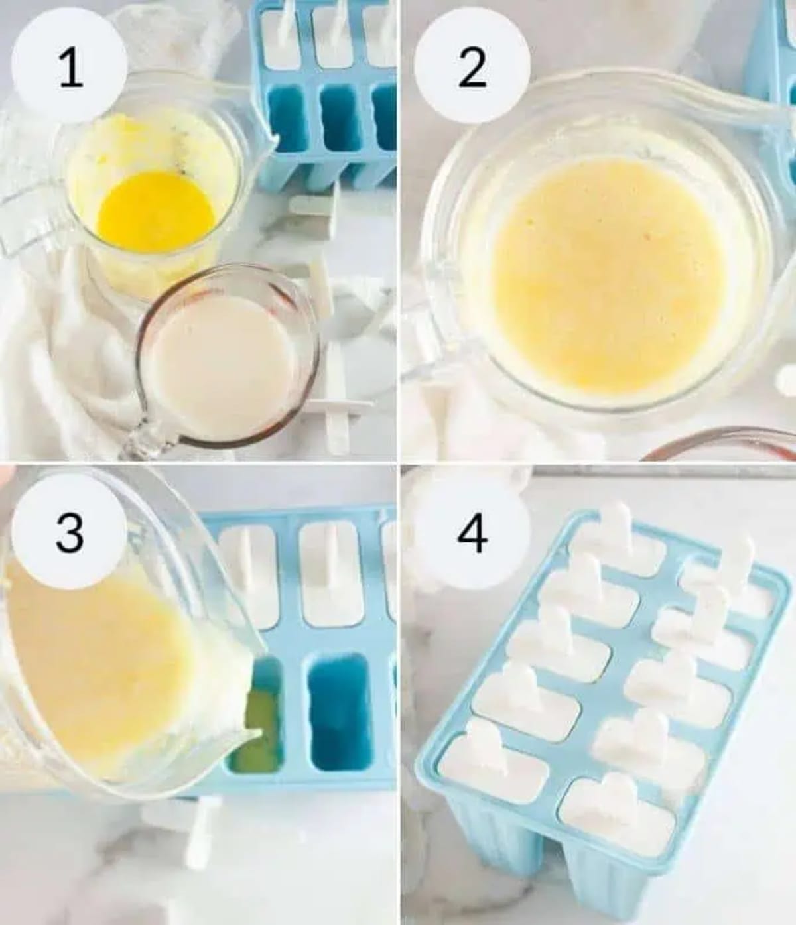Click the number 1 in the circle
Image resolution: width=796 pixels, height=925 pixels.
pos(70,68)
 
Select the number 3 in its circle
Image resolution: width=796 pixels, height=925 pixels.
pos(70,532)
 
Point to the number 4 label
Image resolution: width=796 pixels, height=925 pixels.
pos(472,532)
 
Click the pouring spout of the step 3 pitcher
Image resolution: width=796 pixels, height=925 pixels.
pos(255,733)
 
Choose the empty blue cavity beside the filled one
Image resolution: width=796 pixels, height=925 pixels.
pos(340,713)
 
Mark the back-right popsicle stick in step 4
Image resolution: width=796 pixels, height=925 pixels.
pos(736,564)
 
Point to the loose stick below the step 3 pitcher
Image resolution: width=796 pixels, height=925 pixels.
pos(199,829)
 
